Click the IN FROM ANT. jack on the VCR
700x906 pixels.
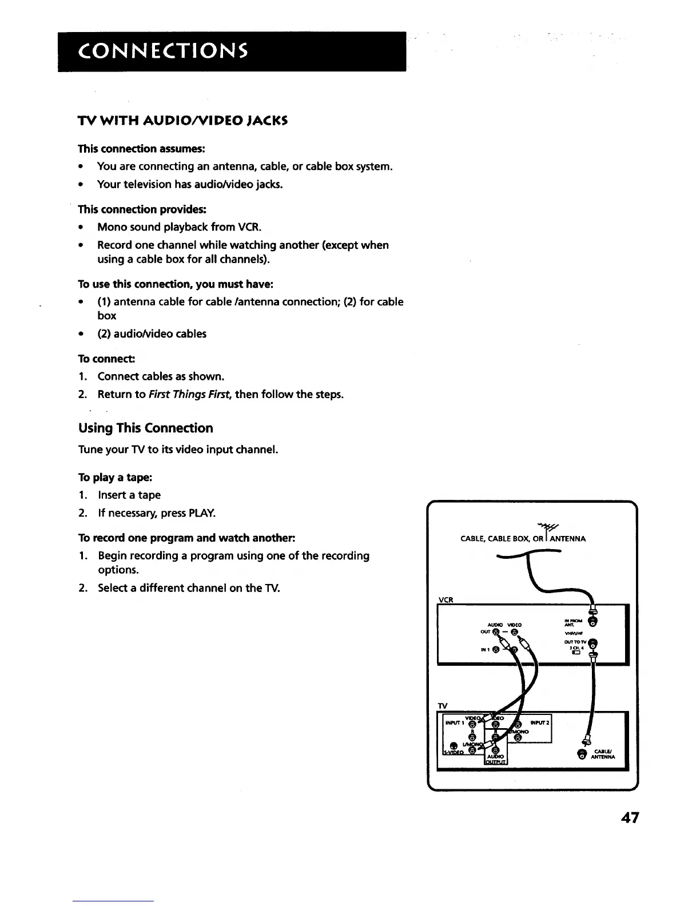tap(594, 622)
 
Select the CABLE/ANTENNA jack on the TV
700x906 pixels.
tap(582, 754)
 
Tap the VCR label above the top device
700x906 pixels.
tap(445, 599)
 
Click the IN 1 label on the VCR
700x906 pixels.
tap(483, 650)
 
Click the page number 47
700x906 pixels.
tap(629, 817)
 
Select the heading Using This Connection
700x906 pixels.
tap(145, 428)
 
